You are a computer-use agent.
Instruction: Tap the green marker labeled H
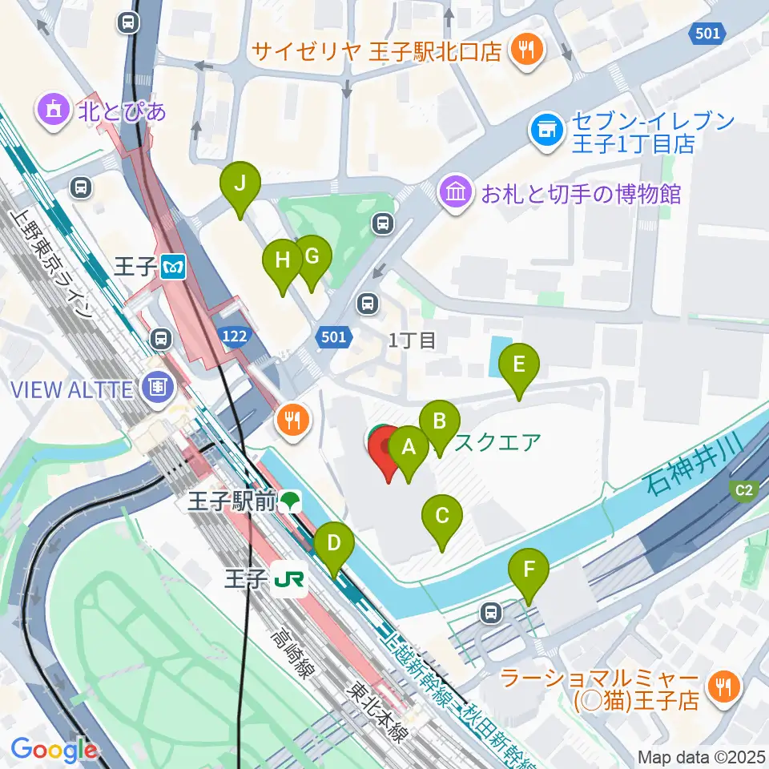pyautogui.click(x=283, y=262)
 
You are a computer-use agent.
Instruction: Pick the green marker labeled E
pyautogui.click(x=519, y=366)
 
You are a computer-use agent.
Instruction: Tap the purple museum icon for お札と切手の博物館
pyautogui.click(x=457, y=193)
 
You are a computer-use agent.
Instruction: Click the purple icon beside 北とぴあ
pyautogui.click(x=54, y=110)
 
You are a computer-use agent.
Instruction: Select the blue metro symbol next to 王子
pyautogui.click(x=172, y=266)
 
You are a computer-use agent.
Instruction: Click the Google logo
pyautogui.click(x=54, y=750)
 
